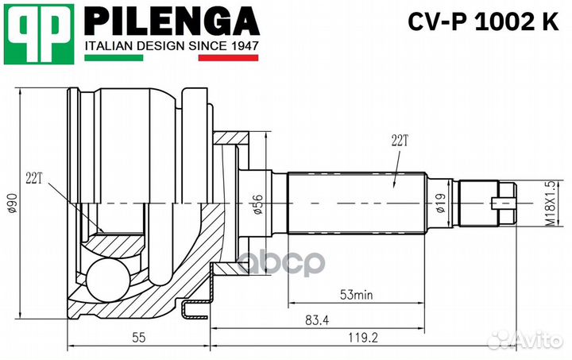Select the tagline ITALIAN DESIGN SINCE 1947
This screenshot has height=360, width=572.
[172, 47]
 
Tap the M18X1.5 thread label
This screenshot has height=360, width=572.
[526, 206]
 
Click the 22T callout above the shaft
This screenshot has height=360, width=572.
[399, 141]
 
